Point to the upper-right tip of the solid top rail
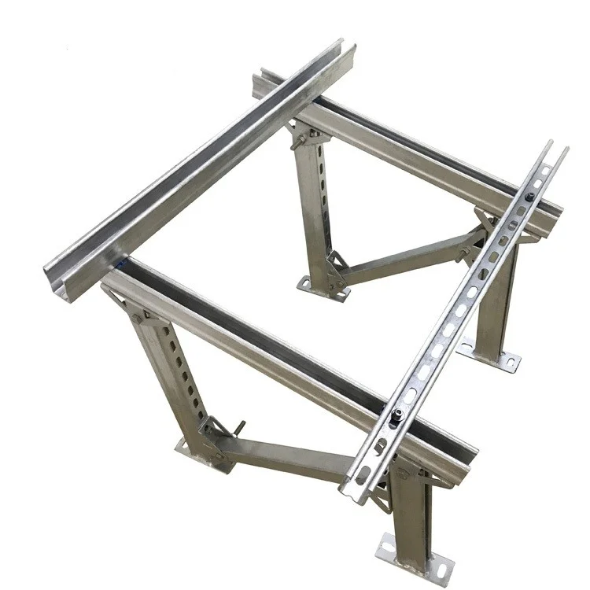coord(346,47)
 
